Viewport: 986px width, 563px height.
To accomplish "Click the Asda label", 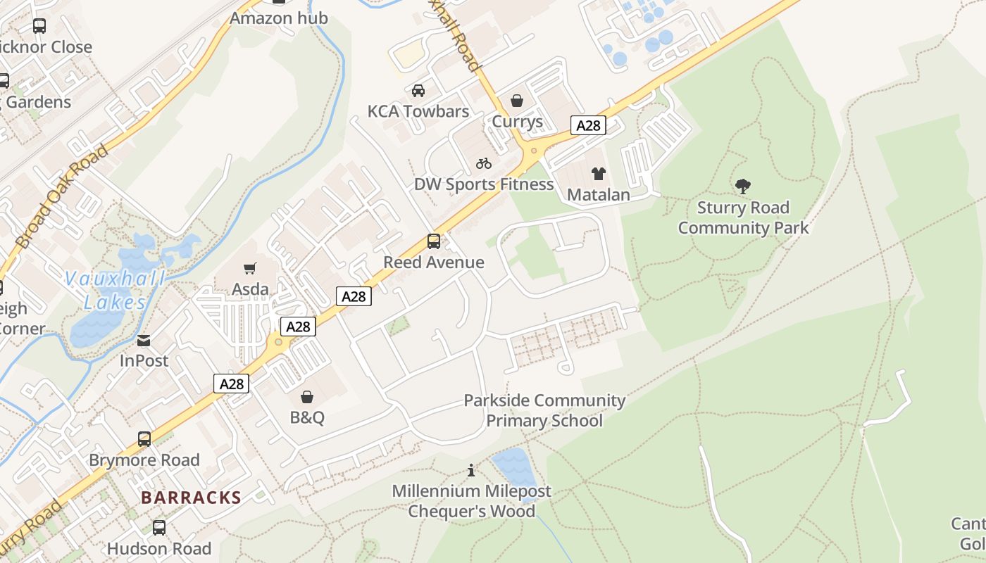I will point(250,289).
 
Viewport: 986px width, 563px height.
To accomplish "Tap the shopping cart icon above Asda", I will point(249,268).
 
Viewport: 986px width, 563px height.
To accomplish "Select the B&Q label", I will point(307,417).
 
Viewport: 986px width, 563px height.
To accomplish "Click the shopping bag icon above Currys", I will point(517,101).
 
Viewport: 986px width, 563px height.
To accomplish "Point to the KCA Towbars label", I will point(418,111).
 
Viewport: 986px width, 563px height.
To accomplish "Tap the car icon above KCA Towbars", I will point(418,91).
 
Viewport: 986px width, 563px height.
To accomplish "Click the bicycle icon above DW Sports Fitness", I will point(483,163).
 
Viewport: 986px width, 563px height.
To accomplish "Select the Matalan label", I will point(599,194).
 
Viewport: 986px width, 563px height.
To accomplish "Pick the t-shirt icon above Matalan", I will point(599,174).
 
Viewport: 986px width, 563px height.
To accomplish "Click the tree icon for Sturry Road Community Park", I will point(743,186).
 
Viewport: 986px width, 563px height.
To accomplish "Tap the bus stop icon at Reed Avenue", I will point(434,241).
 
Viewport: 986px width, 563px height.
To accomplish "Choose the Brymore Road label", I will point(144,460).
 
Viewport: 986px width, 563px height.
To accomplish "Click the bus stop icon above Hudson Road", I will point(159,528).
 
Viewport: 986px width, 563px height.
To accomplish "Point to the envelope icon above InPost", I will point(144,341).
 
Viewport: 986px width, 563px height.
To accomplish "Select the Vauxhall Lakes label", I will point(115,290).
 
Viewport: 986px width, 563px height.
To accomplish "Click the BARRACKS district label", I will point(191,498).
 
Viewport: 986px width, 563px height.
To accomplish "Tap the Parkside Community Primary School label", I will point(544,410).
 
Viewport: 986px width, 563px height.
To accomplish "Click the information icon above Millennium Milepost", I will point(471,470).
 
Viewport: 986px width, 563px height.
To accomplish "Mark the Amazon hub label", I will point(279,18).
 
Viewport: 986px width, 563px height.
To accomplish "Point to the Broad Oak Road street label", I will point(62,196).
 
